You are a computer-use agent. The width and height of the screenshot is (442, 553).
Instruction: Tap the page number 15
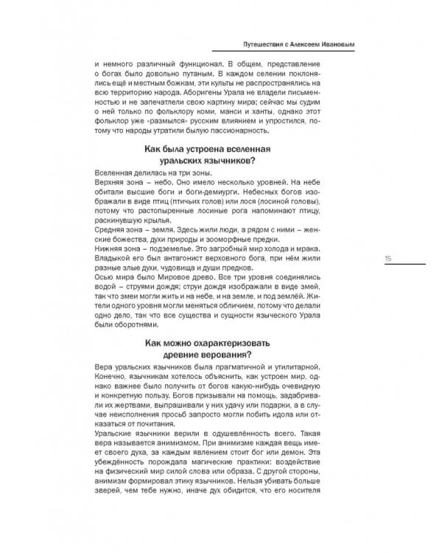pyautogui.click(x=387, y=258)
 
